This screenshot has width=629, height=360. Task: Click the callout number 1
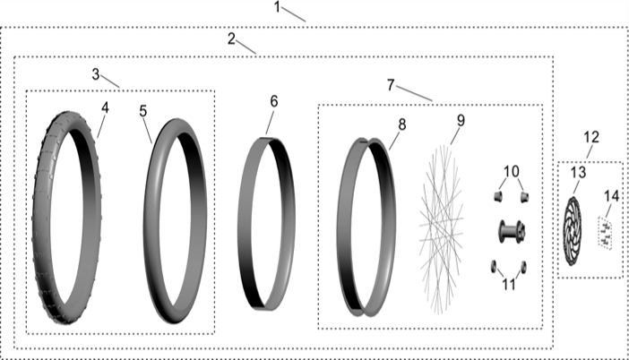(x=277, y=7)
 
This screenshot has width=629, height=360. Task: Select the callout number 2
(x=231, y=39)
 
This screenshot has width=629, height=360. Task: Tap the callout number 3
(x=96, y=74)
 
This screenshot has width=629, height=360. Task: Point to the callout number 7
(x=391, y=85)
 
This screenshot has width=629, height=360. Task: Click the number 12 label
(x=591, y=137)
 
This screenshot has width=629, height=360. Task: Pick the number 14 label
(x=612, y=196)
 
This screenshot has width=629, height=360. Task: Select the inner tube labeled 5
(x=148, y=220)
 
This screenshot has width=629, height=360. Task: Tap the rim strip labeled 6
(x=242, y=225)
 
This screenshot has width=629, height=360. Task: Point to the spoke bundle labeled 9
(x=441, y=229)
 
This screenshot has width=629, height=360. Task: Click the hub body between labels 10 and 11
(x=512, y=231)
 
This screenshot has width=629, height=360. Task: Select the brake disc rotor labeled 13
(x=572, y=231)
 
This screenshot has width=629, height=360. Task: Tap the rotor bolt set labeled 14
(x=606, y=233)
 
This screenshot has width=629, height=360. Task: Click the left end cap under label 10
(x=498, y=196)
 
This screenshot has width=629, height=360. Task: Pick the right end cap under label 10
(x=524, y=197)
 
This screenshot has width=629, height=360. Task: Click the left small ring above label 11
(x=494, y=266)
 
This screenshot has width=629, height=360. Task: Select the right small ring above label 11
(x=523, y=267)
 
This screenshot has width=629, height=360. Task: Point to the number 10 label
(x=511, y=172)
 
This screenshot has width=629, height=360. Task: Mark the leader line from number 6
(x=271, y=123)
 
